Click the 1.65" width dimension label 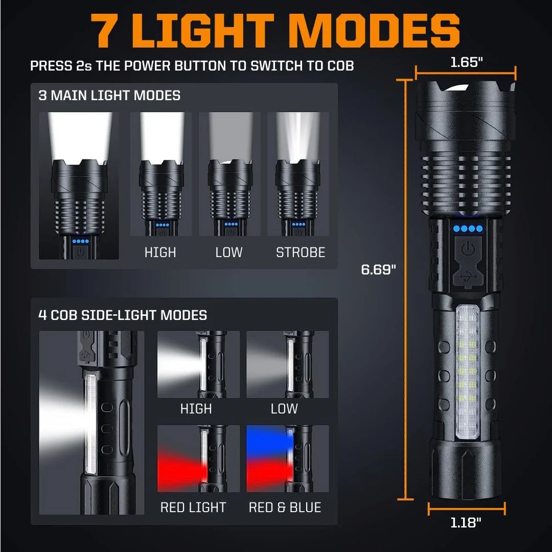(x=467, y=62)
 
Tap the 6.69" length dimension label (x=378, y=269)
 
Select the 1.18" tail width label (x=467, y=522)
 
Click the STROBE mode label (x=301, y=252)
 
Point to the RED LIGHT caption (x=193, y=507)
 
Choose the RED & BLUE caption (x=285, y=507)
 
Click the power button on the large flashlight (x=467, y=250)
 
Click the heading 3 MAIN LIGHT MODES (x=109, y=96)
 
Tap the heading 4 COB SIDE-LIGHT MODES (x=123, y=315)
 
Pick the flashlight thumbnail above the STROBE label (x=298, y=174)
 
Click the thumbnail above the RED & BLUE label (x=287, y=458)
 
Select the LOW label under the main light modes (x=228, y=252)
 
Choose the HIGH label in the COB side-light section (x=196, y=408)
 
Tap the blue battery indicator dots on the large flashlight (x=467, y=228)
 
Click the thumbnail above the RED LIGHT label (x=198, y=458)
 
